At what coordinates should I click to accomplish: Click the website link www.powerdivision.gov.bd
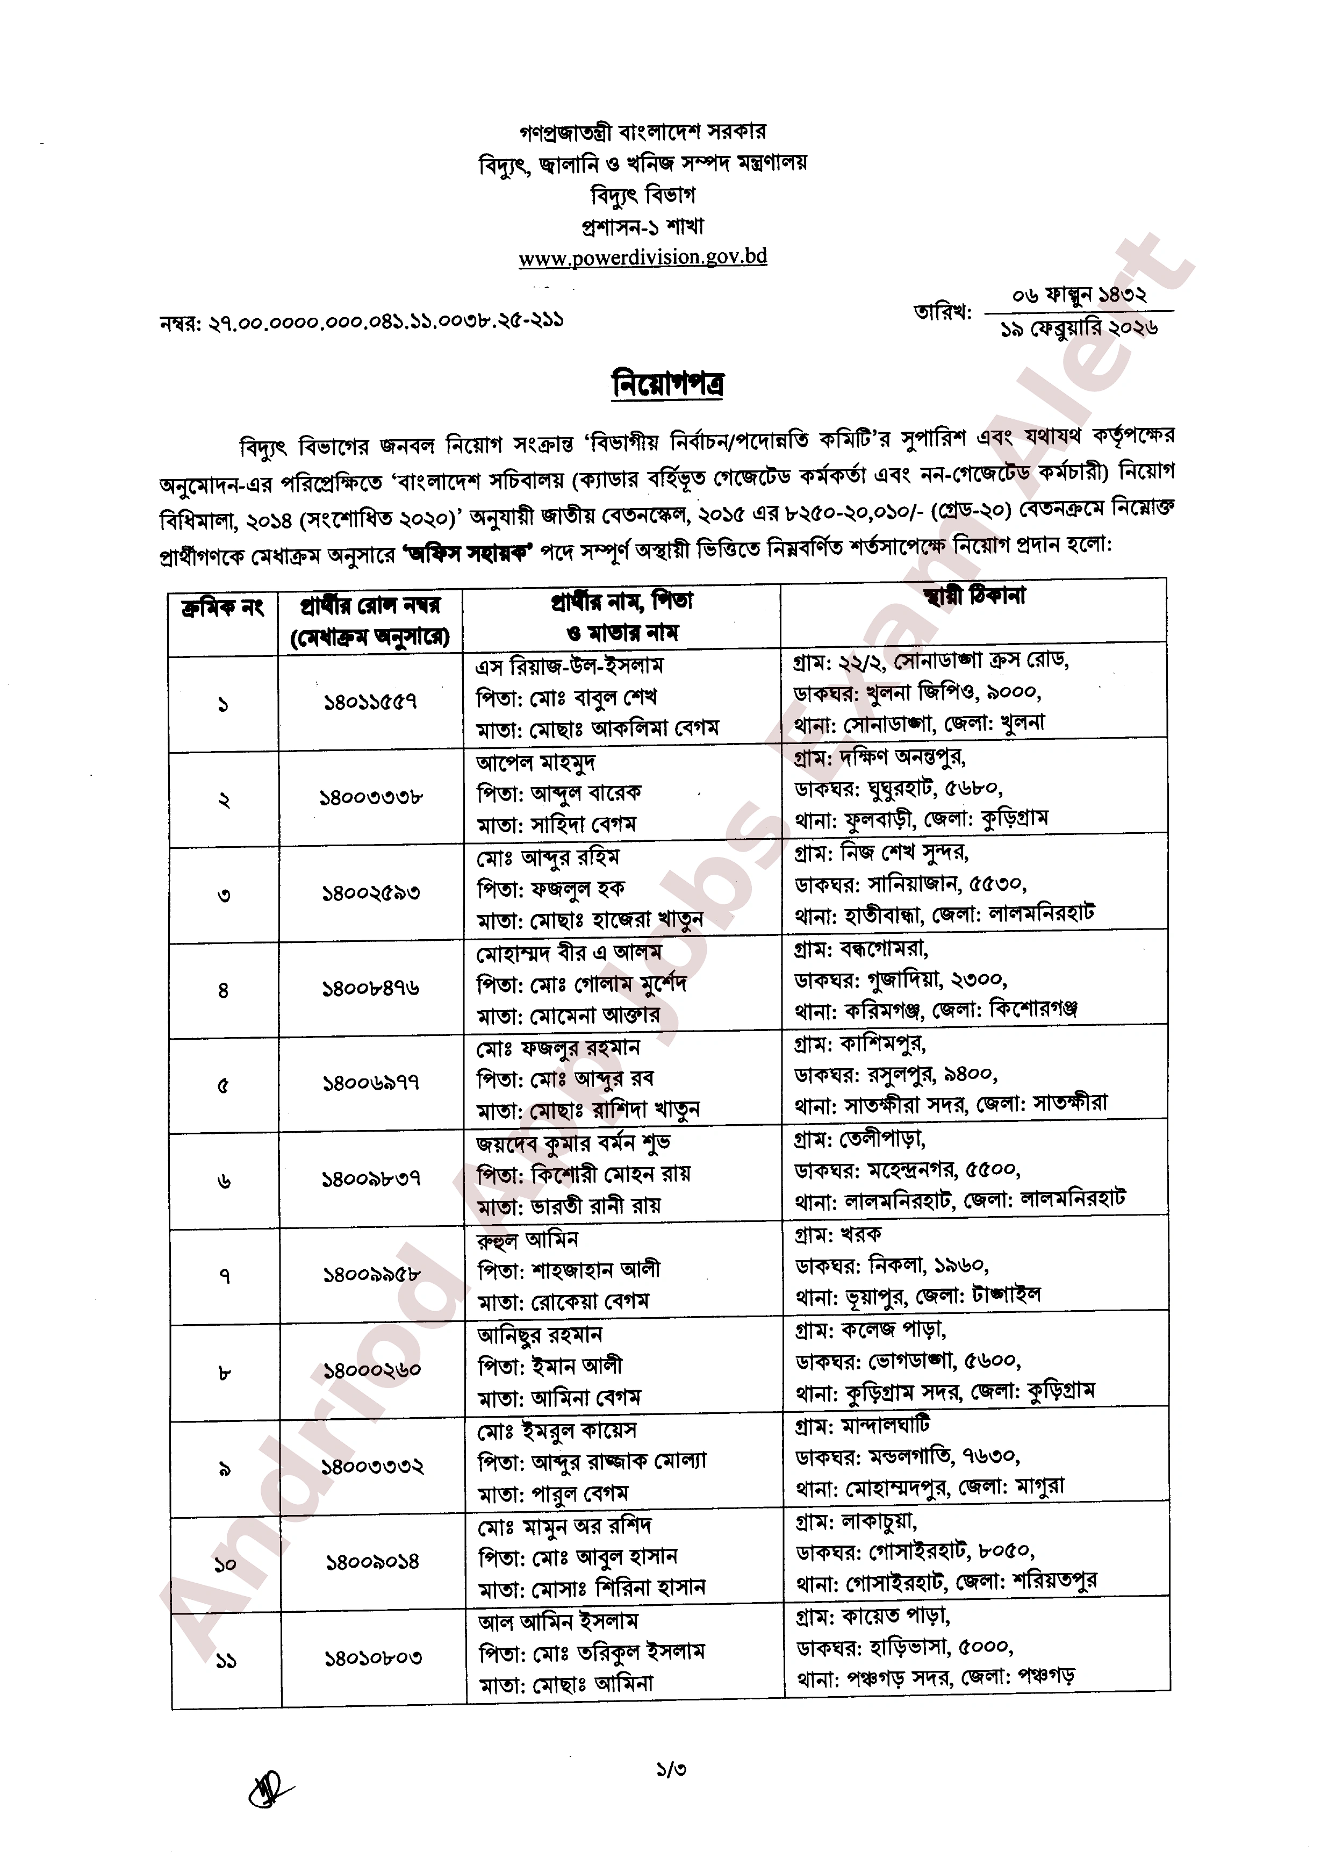pos(643,257)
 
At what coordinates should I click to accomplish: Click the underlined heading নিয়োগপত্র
pos(668,384)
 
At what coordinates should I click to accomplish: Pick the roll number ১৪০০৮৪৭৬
pos(370,989)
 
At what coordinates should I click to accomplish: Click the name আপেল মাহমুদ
pos(536,762)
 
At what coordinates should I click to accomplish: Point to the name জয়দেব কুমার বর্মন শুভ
pos(573,1142)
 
